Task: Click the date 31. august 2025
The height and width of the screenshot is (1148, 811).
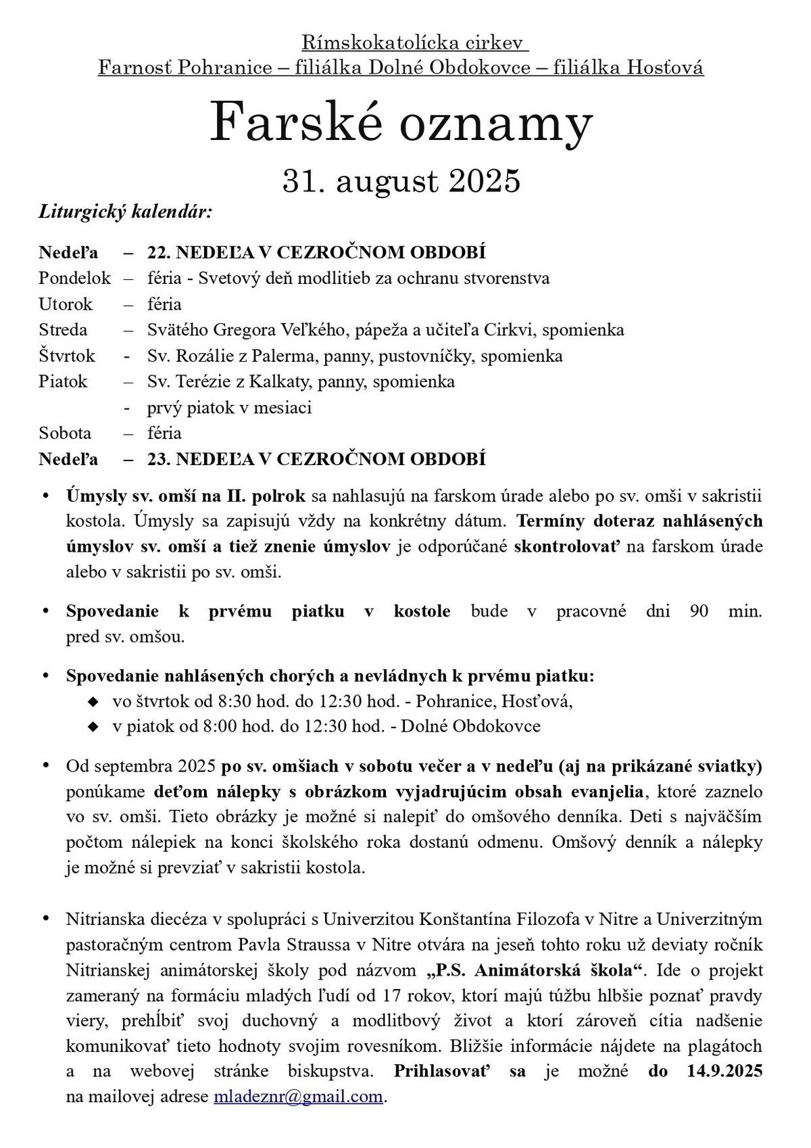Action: [401, 181]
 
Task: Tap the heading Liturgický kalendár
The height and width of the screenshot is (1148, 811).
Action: [125, 212]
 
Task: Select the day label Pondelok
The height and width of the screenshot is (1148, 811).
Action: [74, 278]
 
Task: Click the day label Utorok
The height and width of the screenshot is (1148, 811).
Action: [66, 304]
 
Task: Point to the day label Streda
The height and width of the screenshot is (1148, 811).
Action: [63, 330]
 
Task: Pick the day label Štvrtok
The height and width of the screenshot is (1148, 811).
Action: [67, 356]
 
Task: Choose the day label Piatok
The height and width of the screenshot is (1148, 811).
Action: [63, 381]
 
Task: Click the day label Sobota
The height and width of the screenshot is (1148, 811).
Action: [65, 433]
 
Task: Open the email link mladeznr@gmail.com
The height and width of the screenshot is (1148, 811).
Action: [298, 1096]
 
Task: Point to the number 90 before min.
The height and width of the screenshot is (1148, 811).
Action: [699, 611]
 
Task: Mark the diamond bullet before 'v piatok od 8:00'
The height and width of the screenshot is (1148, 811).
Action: [93, 727]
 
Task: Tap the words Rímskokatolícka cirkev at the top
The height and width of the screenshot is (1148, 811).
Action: [414, 44]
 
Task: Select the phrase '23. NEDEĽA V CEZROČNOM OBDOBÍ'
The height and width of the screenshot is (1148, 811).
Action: [316, 459]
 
